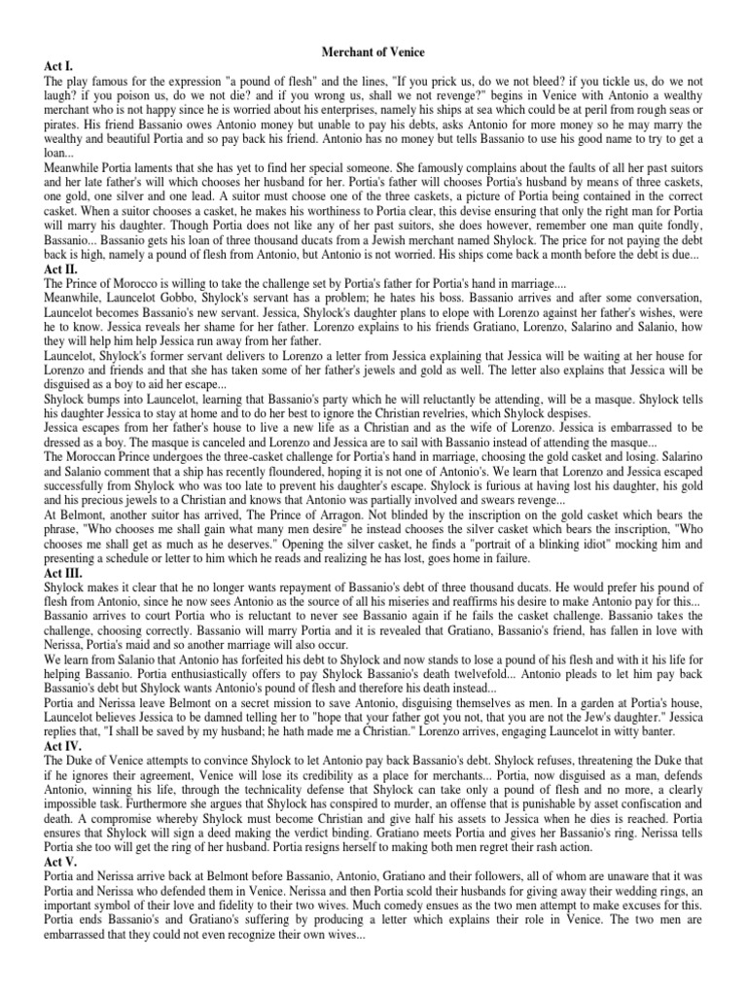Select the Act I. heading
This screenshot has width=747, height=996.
tap(59, 65)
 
